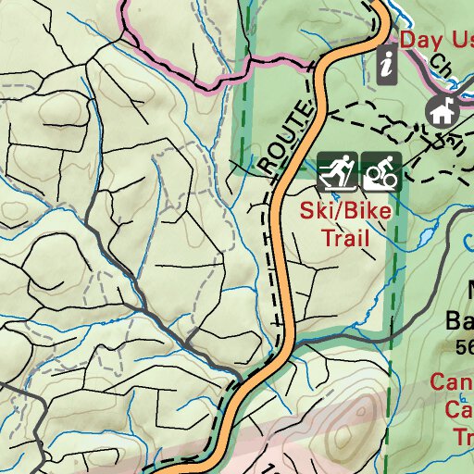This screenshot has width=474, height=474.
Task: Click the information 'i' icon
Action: [388, 64]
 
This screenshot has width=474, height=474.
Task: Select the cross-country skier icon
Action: [336, 170]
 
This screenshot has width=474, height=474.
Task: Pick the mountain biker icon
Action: [380, 170]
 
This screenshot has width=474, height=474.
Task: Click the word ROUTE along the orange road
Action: [283, 139]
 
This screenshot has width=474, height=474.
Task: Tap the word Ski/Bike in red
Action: [344, 210]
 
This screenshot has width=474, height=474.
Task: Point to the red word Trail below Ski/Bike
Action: [344, 238]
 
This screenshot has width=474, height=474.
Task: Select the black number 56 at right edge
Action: [464, 347]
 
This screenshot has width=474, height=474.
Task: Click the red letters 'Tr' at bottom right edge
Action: [462, 435]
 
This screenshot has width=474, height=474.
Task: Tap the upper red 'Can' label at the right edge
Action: [452, 382]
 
